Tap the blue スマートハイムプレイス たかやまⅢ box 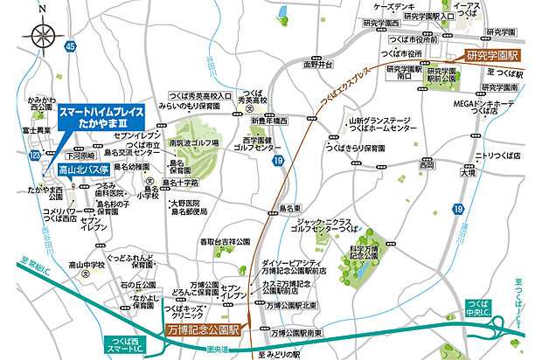point(100,118)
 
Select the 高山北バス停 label point(85,170)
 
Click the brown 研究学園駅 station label point(492,54)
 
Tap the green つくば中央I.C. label point(482,311)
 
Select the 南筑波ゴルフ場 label point(193,140)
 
